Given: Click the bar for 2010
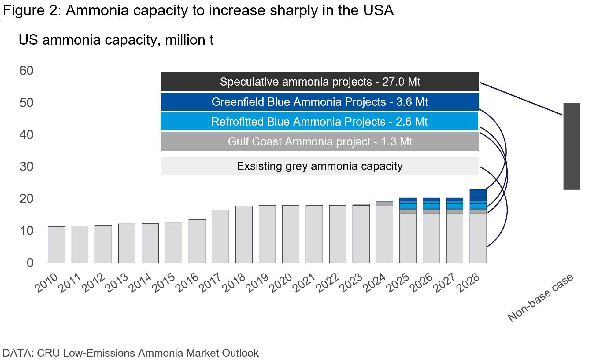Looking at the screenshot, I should [x=56, y=244].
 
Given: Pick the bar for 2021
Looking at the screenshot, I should [x=314, y=234].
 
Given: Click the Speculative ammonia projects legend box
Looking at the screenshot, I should [x=320, y=82].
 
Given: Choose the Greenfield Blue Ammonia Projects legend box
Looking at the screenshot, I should [x=320, y=102].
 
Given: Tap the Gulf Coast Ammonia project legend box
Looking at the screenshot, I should [x=320, y=141].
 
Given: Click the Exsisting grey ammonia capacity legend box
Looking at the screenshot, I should [x=320, y=166].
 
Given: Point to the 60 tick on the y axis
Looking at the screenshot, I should [x=26, y=71].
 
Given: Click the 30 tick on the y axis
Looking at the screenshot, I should [x=26, y=167].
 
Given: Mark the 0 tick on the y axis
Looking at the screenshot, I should [x=30, y=263].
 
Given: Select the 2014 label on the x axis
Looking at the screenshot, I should [x=140, y=283].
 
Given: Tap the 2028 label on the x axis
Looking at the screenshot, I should [x=468, y=283].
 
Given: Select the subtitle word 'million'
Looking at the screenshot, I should [x=185, y=40].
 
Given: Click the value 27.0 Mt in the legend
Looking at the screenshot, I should [x=401, y=82].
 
